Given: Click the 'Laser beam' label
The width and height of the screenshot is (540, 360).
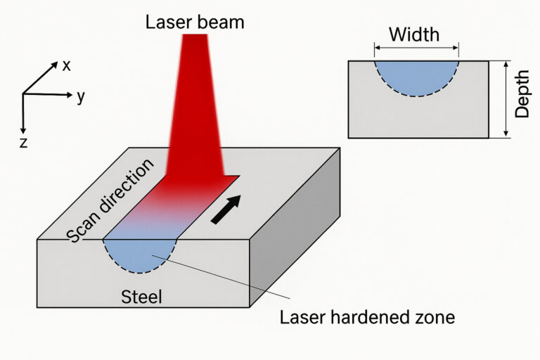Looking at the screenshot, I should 194,22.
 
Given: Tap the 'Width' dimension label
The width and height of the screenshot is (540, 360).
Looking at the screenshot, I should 414,34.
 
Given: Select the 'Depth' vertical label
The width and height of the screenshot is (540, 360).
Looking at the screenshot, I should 522,98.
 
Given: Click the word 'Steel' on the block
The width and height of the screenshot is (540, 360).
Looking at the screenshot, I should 141,297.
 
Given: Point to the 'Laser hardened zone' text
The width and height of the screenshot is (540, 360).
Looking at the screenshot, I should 367,317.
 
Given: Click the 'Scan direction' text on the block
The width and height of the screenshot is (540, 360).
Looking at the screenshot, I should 110,201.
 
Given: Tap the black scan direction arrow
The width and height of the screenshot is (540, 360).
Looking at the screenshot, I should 226,210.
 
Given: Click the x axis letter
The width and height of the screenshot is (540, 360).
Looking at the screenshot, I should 67,66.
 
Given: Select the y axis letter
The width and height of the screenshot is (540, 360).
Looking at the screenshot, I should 81,96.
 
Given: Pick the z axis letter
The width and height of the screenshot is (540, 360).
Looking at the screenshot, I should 23,143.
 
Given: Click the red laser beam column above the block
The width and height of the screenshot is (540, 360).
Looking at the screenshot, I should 194,105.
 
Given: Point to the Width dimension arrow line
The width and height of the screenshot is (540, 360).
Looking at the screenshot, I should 416,48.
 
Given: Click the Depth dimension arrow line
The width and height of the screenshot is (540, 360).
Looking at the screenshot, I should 505,98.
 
